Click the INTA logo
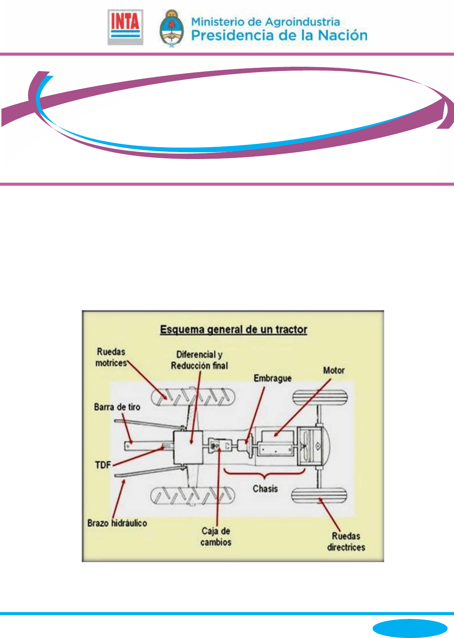125,27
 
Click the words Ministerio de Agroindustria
265,22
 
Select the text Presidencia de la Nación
279,35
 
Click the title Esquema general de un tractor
233,329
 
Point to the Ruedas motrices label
111,357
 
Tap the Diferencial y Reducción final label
199,360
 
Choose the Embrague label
273,378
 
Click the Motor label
334,370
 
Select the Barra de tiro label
117,407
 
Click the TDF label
103,465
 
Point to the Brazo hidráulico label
117,523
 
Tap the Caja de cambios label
216,536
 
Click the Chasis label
265,489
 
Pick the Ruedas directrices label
346,542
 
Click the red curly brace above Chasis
265,474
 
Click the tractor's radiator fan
305,445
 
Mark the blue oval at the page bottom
410,627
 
